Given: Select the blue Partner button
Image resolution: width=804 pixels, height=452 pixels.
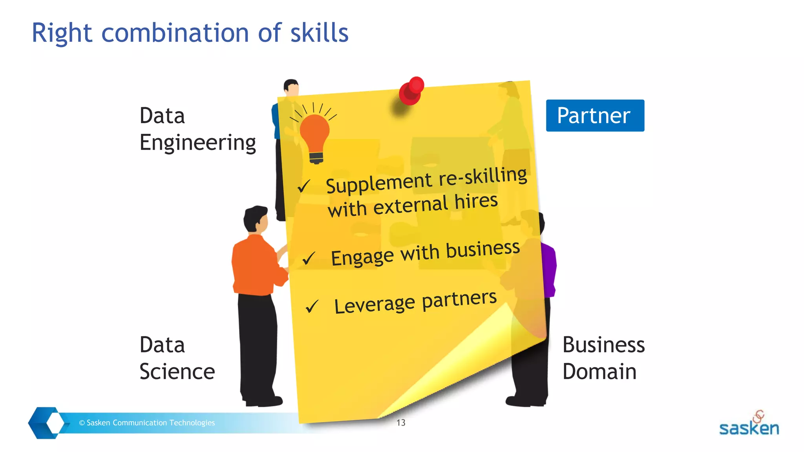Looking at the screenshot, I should pos(595,115).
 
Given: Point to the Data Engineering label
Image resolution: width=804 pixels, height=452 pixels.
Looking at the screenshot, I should pos(197,129).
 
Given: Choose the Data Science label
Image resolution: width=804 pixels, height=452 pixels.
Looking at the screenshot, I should pos(177,358).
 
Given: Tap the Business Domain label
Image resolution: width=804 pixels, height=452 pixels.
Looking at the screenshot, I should pos(603,358).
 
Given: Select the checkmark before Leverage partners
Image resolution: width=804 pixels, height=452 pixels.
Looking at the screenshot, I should pos(312,306).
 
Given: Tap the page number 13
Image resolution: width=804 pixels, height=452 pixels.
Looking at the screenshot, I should pos(401,423).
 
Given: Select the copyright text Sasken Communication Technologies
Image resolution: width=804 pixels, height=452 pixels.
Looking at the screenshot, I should pos(147,423).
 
